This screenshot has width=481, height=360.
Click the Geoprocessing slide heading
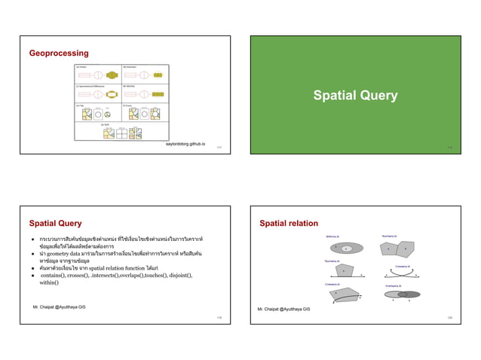coord(58,53)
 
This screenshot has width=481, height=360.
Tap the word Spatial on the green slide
coord(336,96)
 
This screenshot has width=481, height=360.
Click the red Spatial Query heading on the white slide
coord(55,224)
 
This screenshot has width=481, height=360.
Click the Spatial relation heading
coord(289,224)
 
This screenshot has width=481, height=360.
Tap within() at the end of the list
coord(50,283)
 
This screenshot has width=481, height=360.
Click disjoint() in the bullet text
coord(175,276)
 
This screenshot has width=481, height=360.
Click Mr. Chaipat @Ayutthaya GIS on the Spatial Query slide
coord(59,307)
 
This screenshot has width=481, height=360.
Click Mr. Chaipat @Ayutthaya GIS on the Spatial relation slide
coord(283,310)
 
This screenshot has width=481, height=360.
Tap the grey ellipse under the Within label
coord(344,248)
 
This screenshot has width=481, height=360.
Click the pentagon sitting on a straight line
coord(345,270)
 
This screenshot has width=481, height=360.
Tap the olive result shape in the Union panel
coord(112,75)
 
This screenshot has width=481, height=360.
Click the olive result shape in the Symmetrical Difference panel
coord(112,96)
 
